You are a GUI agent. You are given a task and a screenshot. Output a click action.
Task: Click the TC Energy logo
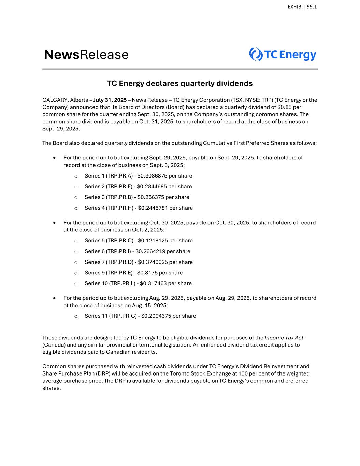click(x=283, y=55)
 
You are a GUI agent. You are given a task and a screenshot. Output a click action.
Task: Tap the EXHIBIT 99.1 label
click(x=302, y=7)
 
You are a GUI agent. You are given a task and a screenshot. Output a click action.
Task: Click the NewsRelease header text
click(x=86, y=55)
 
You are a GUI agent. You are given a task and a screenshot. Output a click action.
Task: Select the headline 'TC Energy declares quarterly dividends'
click(x=180, y=83)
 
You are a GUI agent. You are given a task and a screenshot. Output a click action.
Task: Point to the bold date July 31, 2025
click(x=110, y=100)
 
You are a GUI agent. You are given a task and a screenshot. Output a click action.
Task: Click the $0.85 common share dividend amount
click(x=284, y=107)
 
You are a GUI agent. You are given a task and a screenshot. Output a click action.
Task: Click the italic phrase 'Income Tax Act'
click(x=284, y=338)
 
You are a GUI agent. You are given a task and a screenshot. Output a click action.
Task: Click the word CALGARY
click(x=55, y=100)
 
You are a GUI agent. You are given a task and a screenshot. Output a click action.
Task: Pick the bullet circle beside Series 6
click(x=76, y=252)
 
